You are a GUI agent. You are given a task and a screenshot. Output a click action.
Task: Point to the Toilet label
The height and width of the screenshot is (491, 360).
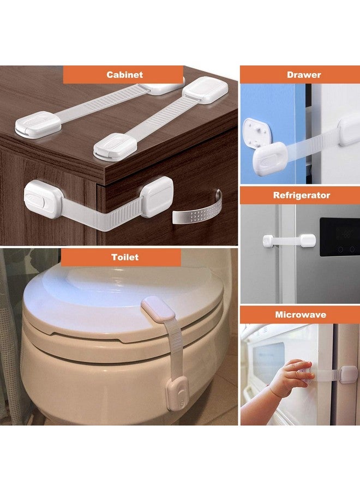pos(125,257)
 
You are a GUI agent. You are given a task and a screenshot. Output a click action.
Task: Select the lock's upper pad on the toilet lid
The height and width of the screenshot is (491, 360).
pos(158,309)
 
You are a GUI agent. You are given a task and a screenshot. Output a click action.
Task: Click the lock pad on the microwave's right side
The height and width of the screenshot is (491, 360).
pos(347,375)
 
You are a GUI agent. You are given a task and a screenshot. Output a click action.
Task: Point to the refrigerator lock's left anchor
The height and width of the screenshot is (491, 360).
pos(268,241)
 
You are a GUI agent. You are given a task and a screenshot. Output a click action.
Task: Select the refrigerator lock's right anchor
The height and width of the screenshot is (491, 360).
pos(307,240)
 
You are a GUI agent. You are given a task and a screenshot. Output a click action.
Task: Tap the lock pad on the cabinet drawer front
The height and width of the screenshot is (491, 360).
pos(157,196)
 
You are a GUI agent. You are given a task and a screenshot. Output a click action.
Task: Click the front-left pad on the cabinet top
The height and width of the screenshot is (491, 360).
pos(38,124)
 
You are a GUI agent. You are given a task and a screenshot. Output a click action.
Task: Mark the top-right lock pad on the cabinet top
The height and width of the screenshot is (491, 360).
pos(205,88)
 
